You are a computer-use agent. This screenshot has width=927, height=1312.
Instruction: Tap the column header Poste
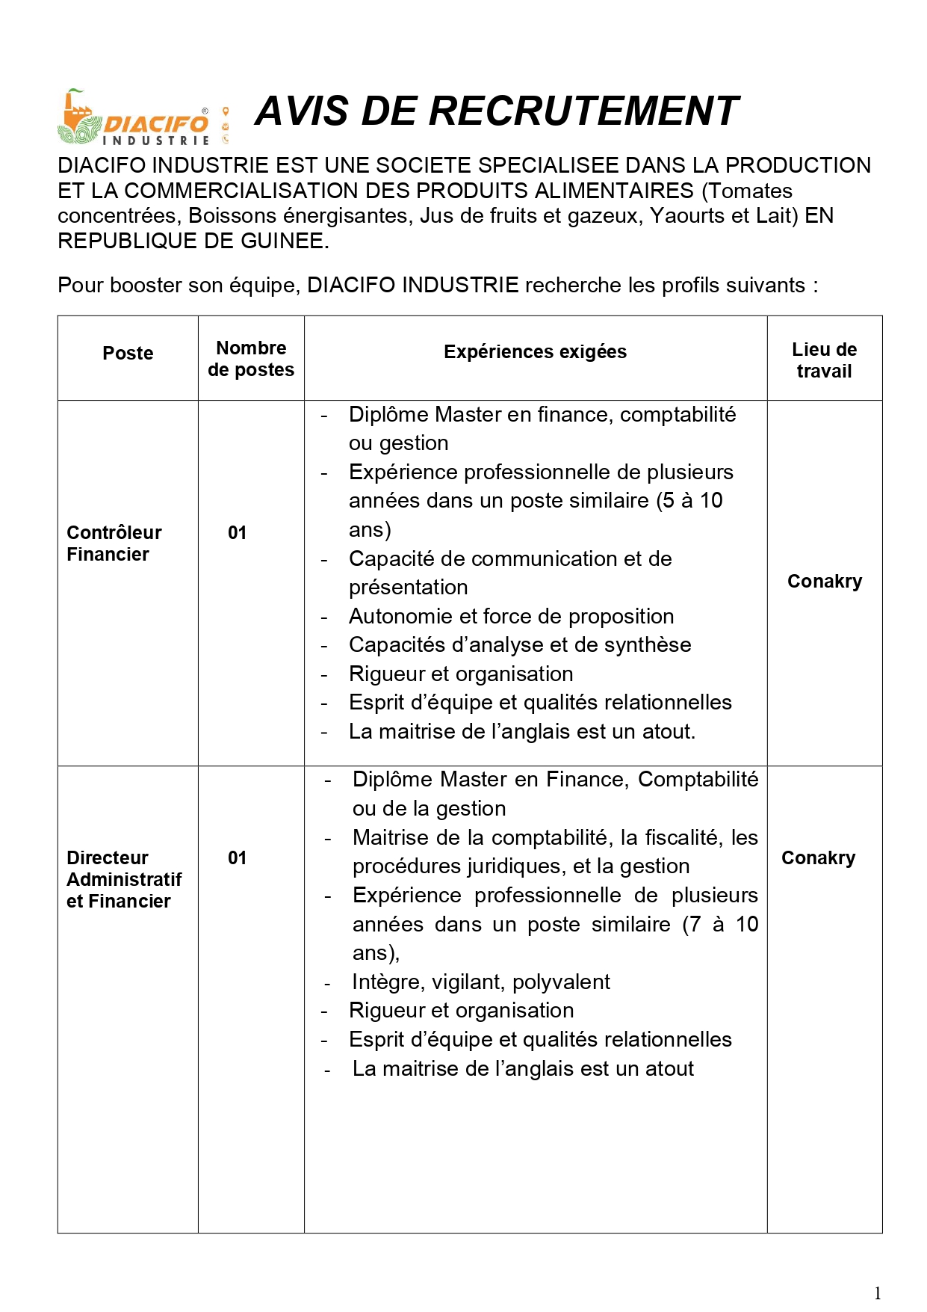click(x=128, y=354)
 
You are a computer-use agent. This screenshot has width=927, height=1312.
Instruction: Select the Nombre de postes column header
click(x=251, y=359)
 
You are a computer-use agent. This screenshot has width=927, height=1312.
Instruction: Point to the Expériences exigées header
click(x=535, y=352)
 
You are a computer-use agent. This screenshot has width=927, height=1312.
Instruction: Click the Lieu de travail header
click(x=824, y=360)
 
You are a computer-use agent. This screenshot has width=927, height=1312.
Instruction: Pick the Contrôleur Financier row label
click(x=114, y=543)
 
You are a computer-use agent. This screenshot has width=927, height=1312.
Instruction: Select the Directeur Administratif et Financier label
click(x=123, y=879)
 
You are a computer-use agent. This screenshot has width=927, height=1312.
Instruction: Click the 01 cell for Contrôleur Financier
click(x=237, y=533)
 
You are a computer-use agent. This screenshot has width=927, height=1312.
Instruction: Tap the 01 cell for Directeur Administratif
click(x=237, y=858)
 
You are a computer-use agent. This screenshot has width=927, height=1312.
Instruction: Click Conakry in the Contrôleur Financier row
click(x=825, y=582)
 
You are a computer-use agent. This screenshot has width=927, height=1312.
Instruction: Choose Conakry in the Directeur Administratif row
click(x=818, y=858)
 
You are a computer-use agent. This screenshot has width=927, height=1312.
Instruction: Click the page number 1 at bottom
click(x=878, y=1293)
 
